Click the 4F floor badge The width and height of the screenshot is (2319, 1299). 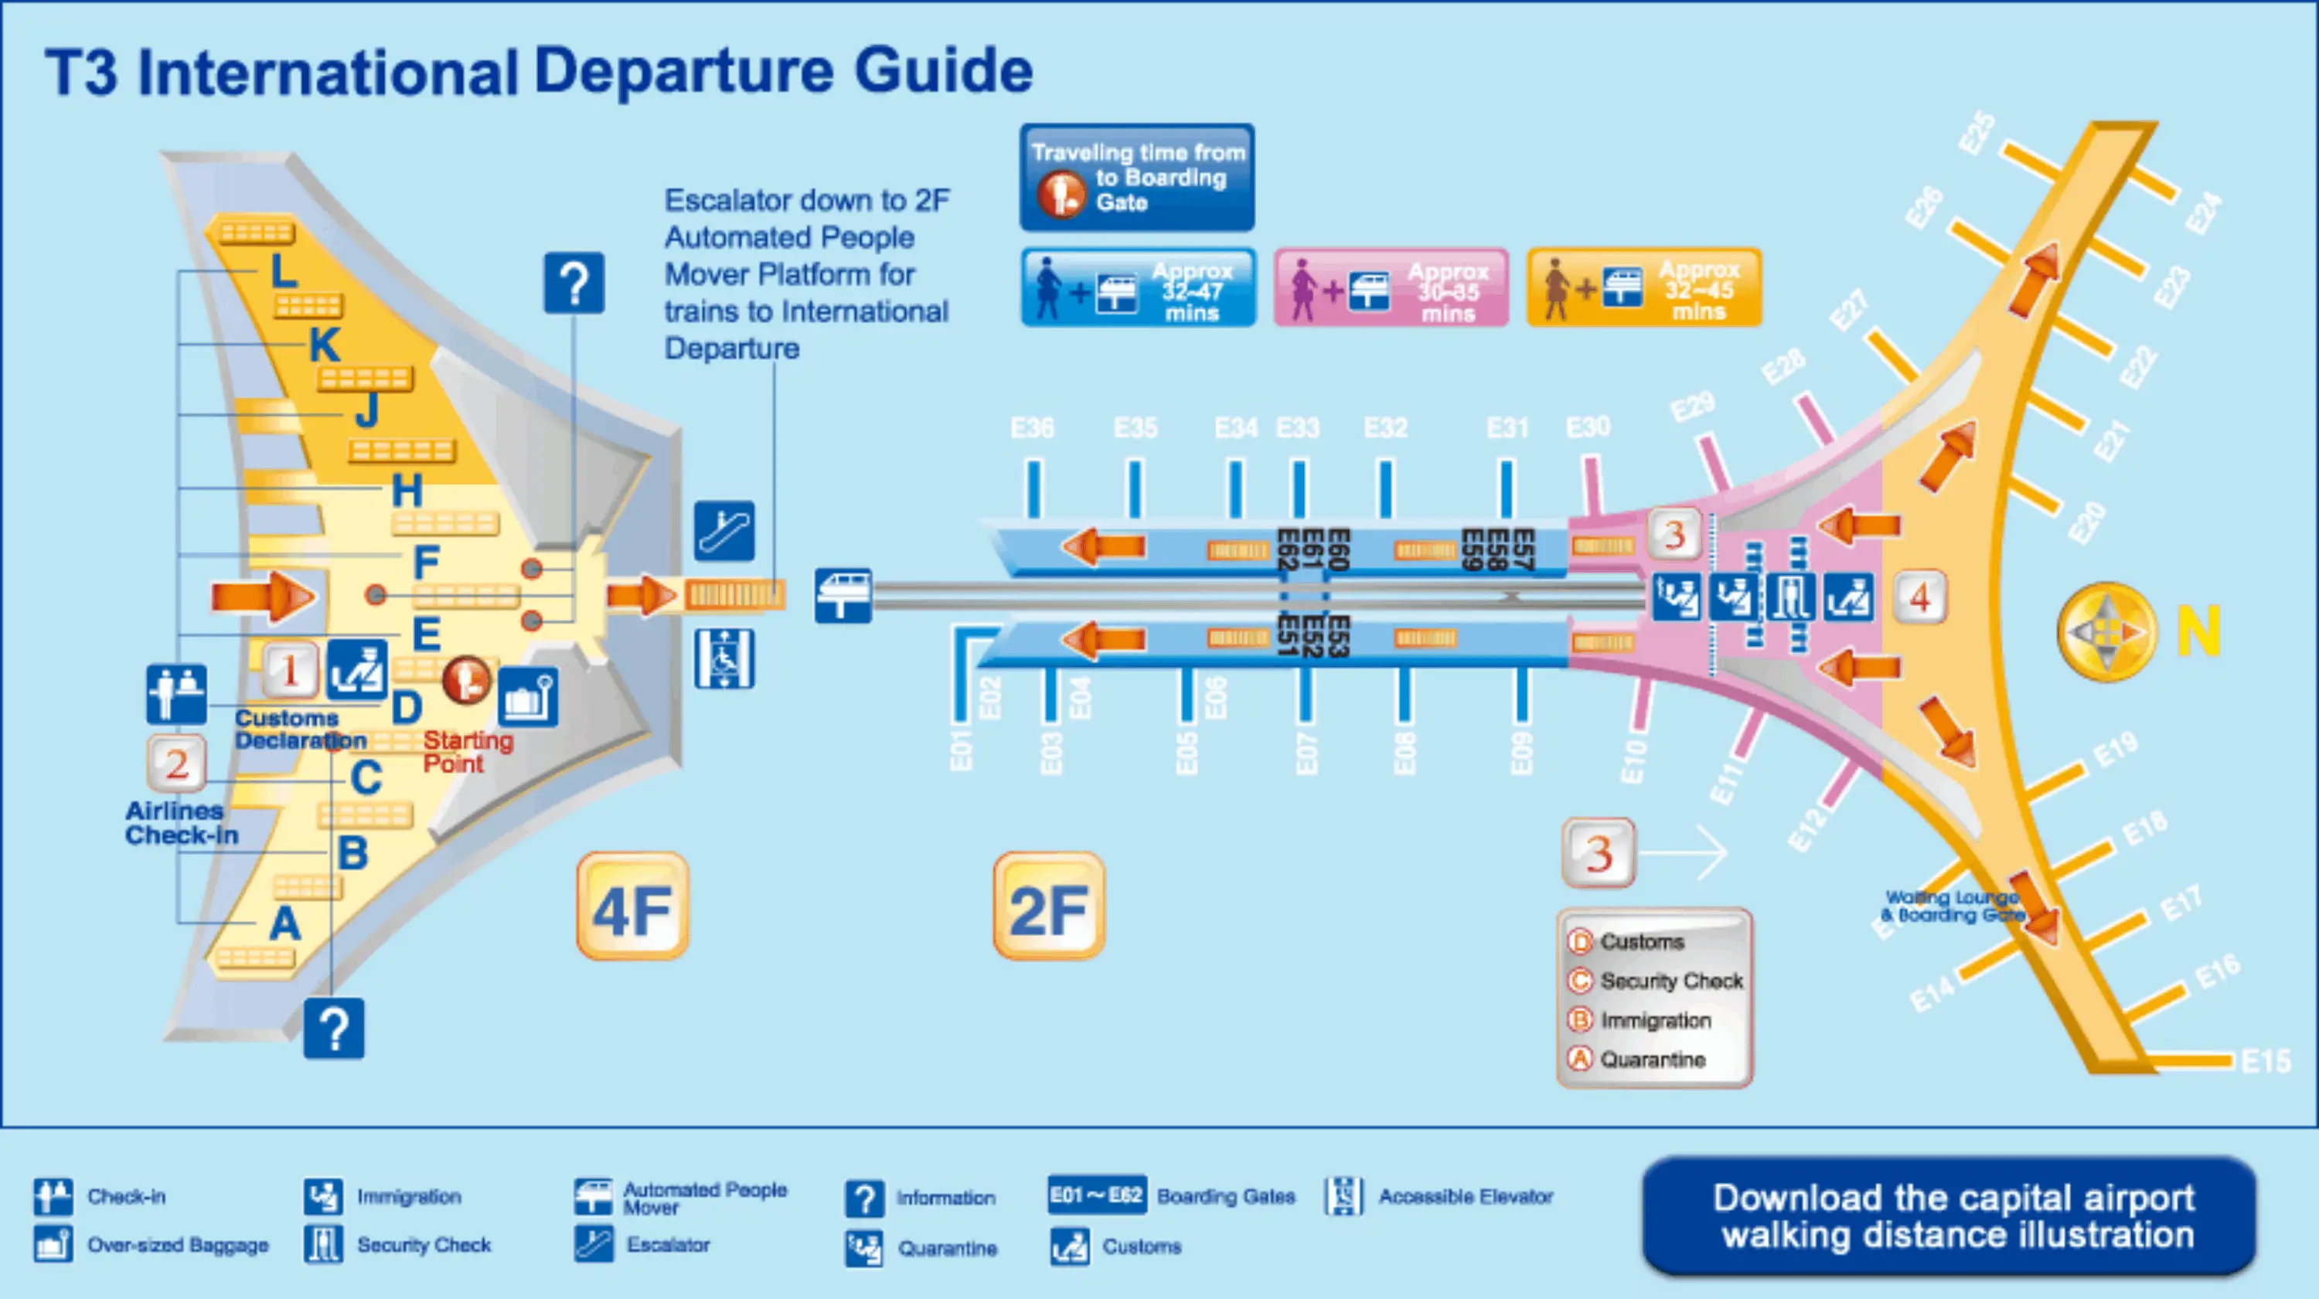click(632, 906)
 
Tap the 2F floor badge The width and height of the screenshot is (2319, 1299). click(1049, 906)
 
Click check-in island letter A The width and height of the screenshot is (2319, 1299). click(284, 923)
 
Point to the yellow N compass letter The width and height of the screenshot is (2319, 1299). click(2198, 631)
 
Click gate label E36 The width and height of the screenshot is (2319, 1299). click(1032, 427)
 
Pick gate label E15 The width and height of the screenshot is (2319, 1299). click(2266, 1061)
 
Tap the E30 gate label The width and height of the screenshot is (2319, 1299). click(1588, 427)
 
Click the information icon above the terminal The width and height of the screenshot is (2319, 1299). click(574, 284)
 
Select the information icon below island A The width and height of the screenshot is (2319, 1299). click(334, 1028)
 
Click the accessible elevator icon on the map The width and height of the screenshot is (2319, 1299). click(724, 658)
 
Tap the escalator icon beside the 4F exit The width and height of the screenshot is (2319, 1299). click(724, 531)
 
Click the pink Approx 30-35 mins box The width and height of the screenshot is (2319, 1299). click(1391, 288)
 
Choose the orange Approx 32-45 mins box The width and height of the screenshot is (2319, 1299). click(1644, 288)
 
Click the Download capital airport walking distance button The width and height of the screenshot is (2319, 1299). click(1950, 1217)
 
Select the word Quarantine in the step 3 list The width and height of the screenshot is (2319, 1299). click(1652, 1059)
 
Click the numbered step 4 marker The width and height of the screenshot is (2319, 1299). click(1919, 597)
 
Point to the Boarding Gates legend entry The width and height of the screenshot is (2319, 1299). click(1225, 1195)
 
